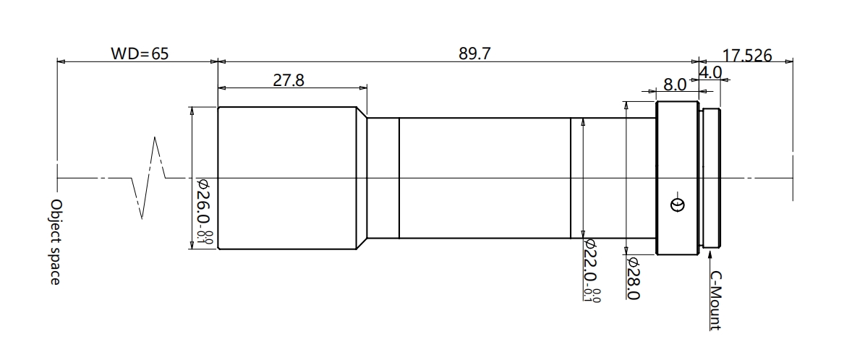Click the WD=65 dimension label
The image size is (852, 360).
click(140, 53)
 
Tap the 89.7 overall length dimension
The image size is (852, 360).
click(475, 53)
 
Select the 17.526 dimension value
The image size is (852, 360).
click(747, 56)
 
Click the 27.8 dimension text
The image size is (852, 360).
click(289, 80)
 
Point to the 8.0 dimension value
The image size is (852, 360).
click(674, 85)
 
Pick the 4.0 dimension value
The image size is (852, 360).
click(710, 72)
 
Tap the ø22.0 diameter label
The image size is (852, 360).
click(591, 270)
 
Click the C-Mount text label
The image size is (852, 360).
click(716, 301)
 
